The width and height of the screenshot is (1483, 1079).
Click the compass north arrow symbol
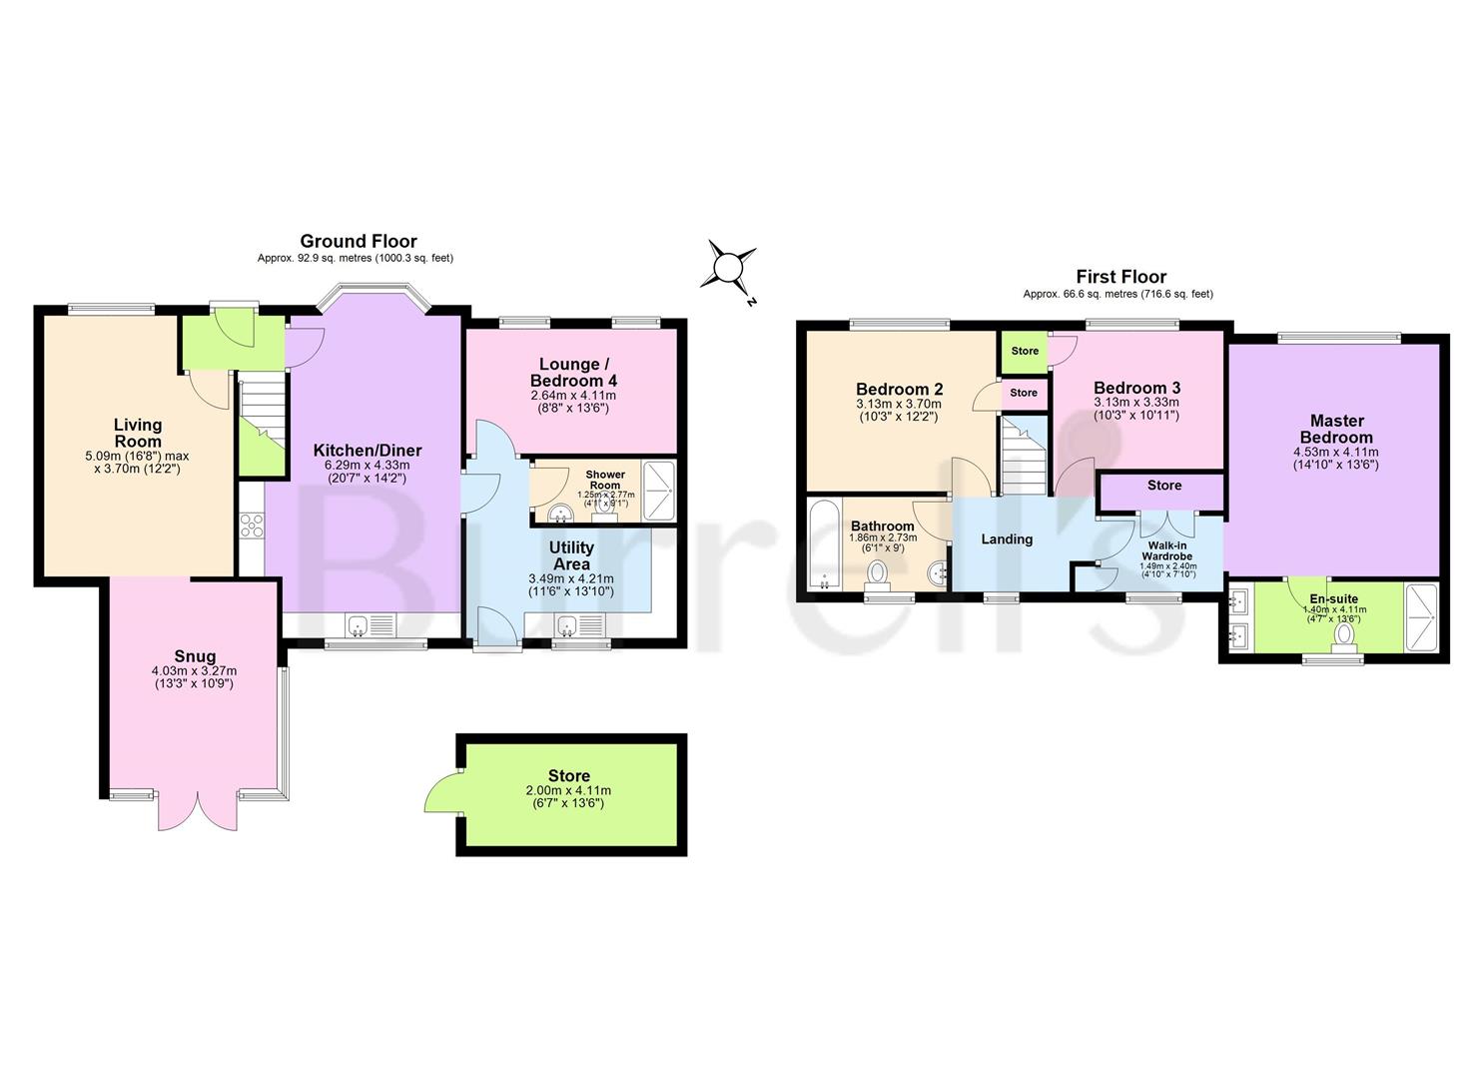point(730,268)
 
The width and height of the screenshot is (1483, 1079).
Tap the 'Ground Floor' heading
point(359,241)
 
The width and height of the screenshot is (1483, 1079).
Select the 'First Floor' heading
point(1120,277)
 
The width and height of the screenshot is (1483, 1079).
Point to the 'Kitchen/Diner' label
point(368,451)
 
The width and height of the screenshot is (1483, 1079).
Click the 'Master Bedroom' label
point(1336,429)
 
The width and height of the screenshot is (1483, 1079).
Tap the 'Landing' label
point(1006,539)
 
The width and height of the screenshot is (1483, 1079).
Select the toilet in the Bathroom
point(878,572)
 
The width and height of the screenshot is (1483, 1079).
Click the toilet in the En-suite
point(1345,634)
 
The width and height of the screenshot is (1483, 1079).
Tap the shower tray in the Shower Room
point(657,490)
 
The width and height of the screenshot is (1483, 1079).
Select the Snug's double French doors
point(199,810)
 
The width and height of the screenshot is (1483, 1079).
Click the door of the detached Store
point(440,791)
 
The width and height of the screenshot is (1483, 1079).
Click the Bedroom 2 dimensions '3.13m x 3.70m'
point(898,405)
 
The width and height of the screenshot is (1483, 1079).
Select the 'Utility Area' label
point(571,555)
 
